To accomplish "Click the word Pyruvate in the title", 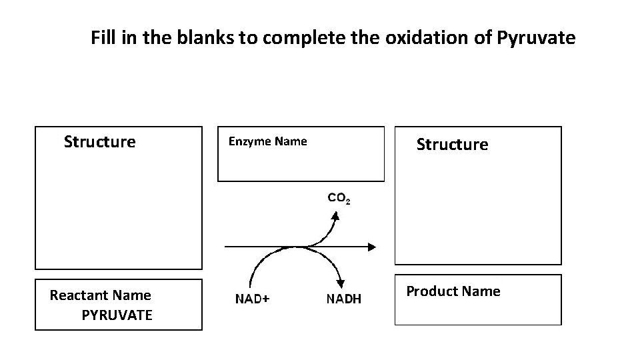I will tap(536, 39).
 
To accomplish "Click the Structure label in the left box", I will tap(99, 142).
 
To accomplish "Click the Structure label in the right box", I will tap(452, 145).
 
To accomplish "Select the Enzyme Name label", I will tap(267, 141).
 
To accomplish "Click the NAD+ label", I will tap(253, 299).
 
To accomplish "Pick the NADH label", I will tap(343, 299).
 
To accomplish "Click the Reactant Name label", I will tap(100, 295).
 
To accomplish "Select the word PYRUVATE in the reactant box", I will tap(117, 315).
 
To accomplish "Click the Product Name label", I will tap(453, 291).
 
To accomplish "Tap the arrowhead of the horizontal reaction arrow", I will tap(371, 247).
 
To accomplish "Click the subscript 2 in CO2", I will tap(348, 201).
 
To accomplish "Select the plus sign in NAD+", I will tap(266, 299).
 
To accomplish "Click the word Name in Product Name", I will tap(480, 291).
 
